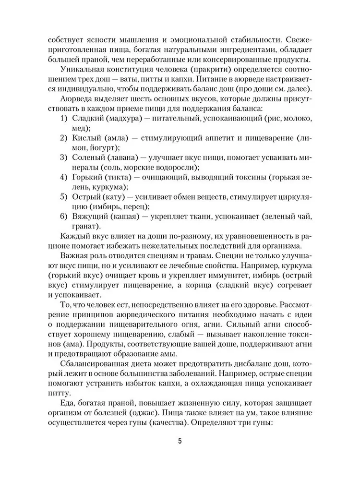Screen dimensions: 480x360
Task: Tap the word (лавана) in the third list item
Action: [x=121, y=158]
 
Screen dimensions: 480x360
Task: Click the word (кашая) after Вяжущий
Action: [x=127, y=217]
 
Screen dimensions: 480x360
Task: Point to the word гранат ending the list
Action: [x=86, y=227]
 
